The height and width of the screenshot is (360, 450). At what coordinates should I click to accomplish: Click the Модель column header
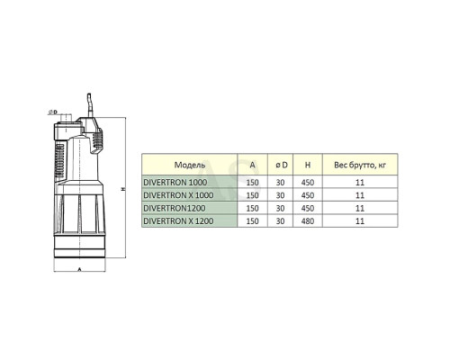click(190, 165)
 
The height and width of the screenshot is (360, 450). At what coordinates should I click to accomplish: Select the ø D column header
click(282, 165)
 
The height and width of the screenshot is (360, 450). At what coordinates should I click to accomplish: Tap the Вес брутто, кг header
click(360, 165)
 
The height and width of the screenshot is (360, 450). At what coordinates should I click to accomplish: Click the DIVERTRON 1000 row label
click(175, 182)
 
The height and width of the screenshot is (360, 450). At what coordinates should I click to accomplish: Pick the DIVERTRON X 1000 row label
click(178, 195)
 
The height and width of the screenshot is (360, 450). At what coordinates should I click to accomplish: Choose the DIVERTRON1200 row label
click(175, 208)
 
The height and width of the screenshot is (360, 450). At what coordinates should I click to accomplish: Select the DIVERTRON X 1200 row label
click(178, 220)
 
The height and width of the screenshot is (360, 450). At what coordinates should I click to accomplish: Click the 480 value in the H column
click(308, 221)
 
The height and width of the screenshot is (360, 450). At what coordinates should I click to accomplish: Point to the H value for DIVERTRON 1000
click(308, 183)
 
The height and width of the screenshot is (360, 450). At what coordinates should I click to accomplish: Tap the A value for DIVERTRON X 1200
click(252, 221)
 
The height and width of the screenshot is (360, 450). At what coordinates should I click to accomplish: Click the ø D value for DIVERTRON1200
click(280, 208)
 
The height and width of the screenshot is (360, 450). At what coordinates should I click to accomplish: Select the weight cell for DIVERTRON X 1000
click(360, 195)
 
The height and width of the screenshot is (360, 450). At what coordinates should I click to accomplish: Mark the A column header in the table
click(252, 165)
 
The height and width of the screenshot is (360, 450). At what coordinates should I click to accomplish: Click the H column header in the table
click(308, 165)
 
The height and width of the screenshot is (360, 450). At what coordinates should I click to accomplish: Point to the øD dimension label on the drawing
click(53, 112)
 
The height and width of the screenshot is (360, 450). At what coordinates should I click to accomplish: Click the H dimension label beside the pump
click(122, 189)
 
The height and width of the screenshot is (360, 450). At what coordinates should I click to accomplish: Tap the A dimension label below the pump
click(79, 269)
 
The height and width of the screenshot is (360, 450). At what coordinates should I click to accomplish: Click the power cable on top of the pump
click(89, 105)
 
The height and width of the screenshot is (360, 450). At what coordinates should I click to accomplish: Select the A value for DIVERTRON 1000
click(252, 183)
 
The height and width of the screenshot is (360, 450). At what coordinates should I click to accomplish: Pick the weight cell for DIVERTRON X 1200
click(360, 221)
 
